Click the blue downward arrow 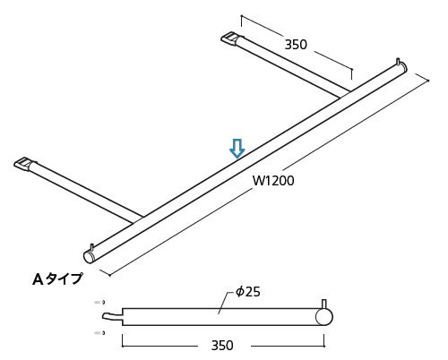pos(237,149)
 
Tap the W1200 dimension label pos(273,181)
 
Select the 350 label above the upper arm pos(296,45)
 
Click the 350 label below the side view pos(222,346)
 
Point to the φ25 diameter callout pos(248,292)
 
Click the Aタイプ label pos(57,279)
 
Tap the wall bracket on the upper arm pos(229,39)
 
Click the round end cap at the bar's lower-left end pos(89,257)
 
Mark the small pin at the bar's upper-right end pos(398,62)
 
